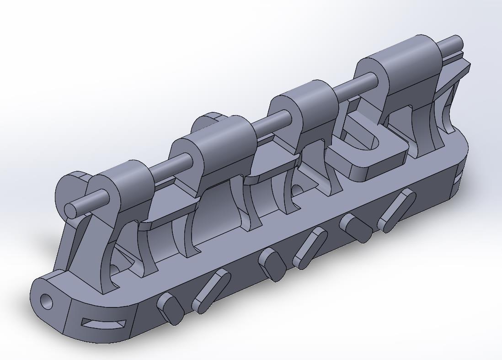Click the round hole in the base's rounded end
47,301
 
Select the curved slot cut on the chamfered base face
103,324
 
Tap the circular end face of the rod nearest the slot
70,210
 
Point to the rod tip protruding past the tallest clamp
453,44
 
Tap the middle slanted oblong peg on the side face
310,248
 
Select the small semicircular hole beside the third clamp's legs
297,188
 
